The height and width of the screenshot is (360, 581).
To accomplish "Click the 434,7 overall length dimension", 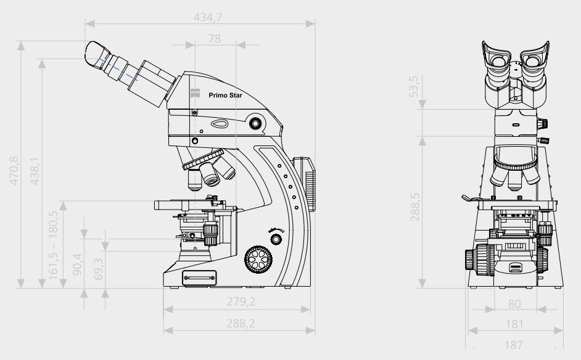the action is (207, 17).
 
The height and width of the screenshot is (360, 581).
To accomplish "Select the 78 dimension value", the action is (215, 38).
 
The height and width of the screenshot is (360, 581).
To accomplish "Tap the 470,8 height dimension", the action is (14, 170).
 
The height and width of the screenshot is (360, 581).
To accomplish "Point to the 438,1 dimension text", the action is (35, 171).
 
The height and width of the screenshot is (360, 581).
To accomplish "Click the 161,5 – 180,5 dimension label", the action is (54, 245).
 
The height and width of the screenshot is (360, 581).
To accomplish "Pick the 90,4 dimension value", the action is (77, 264).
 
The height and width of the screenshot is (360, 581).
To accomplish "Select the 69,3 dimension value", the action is (99, 269).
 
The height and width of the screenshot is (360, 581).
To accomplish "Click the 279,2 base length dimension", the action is (241, 301).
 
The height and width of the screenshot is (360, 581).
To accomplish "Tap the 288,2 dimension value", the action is (241, 324).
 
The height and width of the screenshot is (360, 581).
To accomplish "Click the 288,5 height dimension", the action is (415, 207).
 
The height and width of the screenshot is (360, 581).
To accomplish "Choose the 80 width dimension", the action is (514, 304).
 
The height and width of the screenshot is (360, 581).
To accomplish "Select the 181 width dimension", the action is (514, 324).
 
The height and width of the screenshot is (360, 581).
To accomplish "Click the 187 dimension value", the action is (514, 345).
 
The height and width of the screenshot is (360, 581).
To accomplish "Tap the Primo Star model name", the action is (225, 95).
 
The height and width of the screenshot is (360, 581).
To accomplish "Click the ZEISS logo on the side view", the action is (196, 93).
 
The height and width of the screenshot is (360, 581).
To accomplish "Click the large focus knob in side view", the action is (258, 260).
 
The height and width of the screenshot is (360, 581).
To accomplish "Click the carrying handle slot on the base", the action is (199, 278).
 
